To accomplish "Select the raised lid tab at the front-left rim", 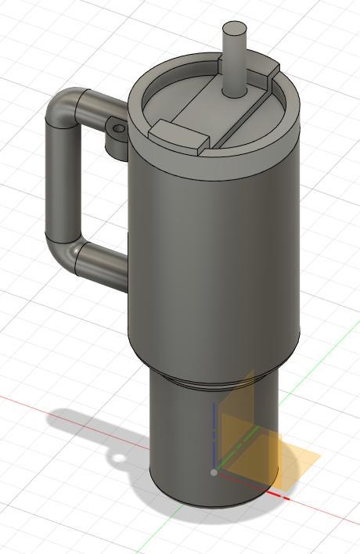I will [179, 135].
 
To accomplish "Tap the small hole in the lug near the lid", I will [118, 128].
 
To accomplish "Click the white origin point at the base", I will [214, 473].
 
